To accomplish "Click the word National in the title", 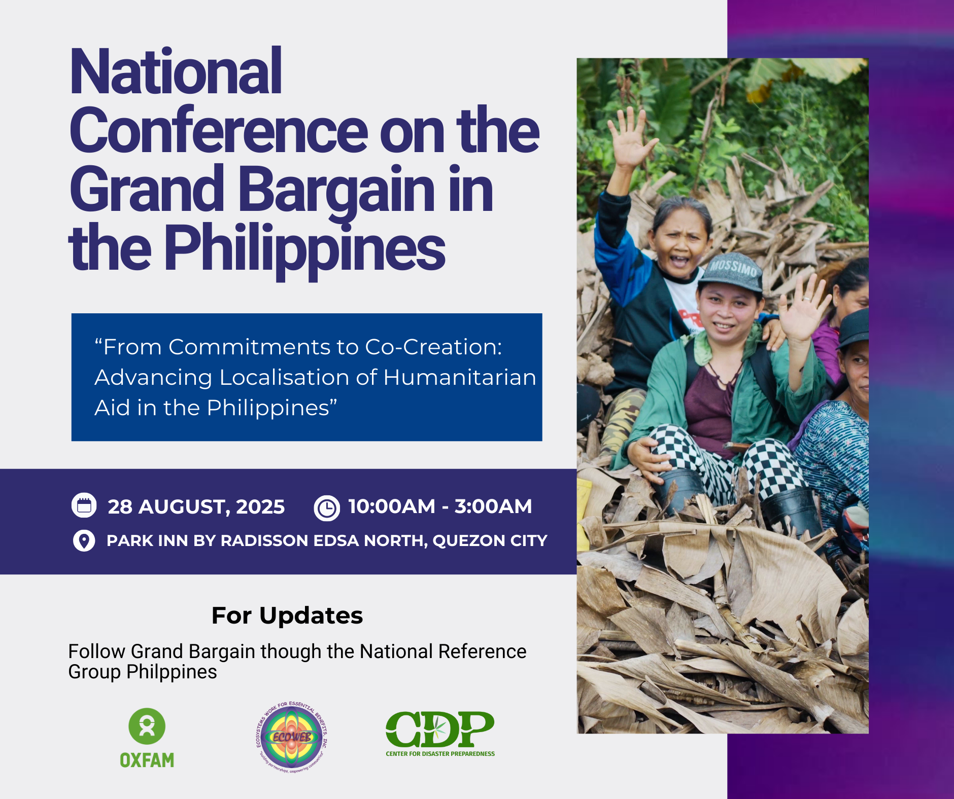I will coord(176,72).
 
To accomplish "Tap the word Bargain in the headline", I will coord(336,190).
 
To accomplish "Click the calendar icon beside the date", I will coord(84,505).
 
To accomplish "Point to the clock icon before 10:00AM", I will coord(326,507).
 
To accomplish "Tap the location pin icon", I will coord(84,540).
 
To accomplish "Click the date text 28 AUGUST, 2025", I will coord(196,506).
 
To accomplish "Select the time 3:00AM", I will coord(493,506).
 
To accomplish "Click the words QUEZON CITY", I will coord(490,540).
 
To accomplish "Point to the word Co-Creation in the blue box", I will coord(433,347).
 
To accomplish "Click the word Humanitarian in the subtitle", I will coord(459,378).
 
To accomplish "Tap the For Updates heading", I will coord(287,615).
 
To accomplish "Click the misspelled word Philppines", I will coord(172,672).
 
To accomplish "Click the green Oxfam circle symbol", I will coord(147,726).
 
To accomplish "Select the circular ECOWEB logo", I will coord(292,737).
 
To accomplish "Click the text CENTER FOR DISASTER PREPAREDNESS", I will coord(440,754).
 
